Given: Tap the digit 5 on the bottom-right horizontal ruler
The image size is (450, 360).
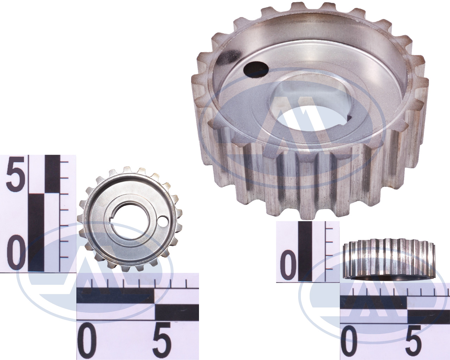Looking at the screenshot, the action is [x=412, y=340].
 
